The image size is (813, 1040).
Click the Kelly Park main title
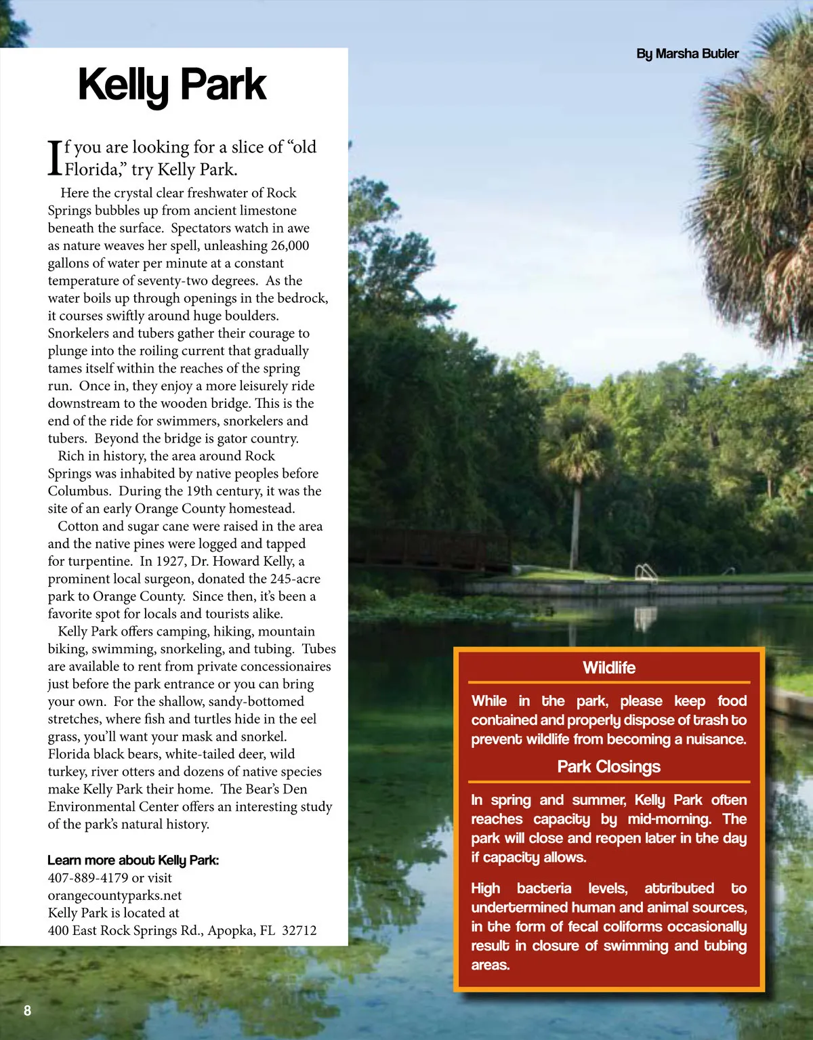pyautogui.click(x=172, y=85)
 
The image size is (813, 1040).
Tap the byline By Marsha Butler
pyautogui.click(x=687, y=54)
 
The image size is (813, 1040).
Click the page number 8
pyautogui.click(x=27, y=1011)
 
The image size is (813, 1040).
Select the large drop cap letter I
pyautogui.click(x=55, y=157)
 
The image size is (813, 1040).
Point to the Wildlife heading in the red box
pyautogui.click(x=609, y=668)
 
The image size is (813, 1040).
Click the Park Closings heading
pyautogui.click(x=608, y=767)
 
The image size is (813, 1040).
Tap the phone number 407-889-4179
pyautogui.click(x=87, y=877)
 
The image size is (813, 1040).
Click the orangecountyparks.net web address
pyautogui.click(x=105, y=895)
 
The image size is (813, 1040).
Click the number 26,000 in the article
pyautogui.click(x=289, y=245)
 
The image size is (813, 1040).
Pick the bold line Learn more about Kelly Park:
pyautogui.click(x=133, y=860)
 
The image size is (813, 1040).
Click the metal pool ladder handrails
pyautogui.click(x=646, y=573)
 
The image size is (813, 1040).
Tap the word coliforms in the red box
pyautogui.click(x=629, y=926)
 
